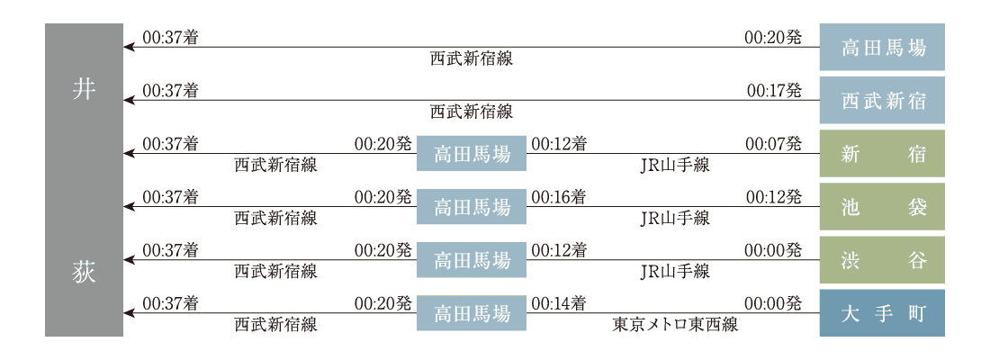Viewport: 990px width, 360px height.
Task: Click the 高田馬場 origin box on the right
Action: coord(881,47)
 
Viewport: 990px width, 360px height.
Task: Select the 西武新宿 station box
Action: coord(881,100)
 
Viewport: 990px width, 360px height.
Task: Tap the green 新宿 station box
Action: coord(881,154)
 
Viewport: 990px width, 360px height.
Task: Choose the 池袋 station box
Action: coord(881,207)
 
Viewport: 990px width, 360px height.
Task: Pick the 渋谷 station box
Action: coord(881,260)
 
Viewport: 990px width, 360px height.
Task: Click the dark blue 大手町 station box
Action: coord(881,313)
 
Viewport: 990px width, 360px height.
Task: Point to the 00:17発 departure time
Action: coord(774,91)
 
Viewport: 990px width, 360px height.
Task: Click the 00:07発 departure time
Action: coord(773,144)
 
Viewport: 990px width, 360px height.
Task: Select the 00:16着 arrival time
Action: coord(559,197)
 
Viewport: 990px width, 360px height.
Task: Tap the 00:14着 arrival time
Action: coord(559,303)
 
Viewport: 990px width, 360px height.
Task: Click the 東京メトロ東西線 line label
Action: coord(675,325)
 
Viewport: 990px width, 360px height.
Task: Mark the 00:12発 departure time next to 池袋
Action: coord(773,197)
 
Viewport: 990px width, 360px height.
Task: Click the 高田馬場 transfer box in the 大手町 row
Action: coord(472,313)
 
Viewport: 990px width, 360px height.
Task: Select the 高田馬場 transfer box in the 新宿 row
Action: coord(472,154)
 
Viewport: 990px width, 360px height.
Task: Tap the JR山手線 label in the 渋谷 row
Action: coord(675,271)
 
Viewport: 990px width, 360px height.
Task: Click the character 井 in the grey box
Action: coord(84,89)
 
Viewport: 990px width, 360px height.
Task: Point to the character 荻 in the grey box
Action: coord(84,271)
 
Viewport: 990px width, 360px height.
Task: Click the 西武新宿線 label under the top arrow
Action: coord(471,58)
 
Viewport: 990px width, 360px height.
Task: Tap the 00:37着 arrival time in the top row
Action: coord(171,38)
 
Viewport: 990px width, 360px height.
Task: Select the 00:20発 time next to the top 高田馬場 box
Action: coord(773,38)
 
